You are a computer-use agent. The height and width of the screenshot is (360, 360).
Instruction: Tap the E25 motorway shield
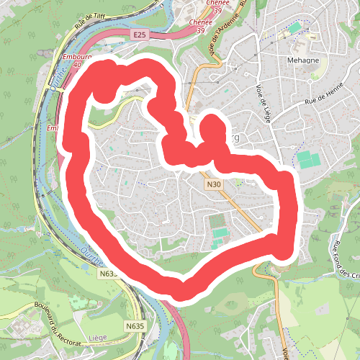[140, 35]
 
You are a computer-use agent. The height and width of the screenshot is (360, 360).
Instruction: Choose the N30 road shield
[213, 184]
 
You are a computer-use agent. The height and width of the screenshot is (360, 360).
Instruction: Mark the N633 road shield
[108, 274]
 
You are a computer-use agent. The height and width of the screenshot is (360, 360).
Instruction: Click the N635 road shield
[135, 326]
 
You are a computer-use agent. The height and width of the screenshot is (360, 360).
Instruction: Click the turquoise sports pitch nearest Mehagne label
[294, 28]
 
